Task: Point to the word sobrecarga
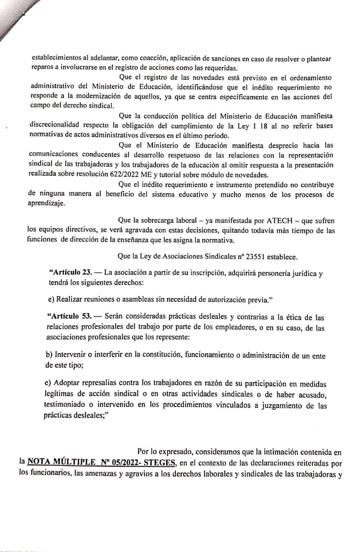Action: (151, 221)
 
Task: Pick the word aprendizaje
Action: (46, 204)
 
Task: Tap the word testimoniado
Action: (65, 406)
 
